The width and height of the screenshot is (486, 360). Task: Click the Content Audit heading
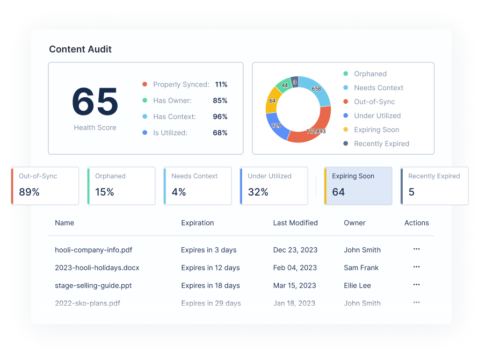pyautogui.click(x=80, y=49)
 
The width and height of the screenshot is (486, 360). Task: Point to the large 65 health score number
pyautogui.click(x=95, y=102)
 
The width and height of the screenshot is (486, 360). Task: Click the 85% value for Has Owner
pyautogui.click(x=220, y=100)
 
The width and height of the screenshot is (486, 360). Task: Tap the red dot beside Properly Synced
pyautogui.click(x=145, y=84)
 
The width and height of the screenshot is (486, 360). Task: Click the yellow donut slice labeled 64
pyautogui.click(x=272, y=101)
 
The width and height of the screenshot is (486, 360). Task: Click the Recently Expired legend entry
pyautogui.click(x=381, y=143)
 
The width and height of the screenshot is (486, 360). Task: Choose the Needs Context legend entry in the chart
pyautogui.click(x=379, y=88)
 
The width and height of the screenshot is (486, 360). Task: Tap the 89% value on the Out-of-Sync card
pyautogui.click(x=29, y=192)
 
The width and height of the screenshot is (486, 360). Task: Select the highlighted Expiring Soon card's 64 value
pyautogui.click(x=338, y=192)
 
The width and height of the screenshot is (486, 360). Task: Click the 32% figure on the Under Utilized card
pyautogui.click(x=258, y=192)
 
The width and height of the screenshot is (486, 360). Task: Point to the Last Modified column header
pyautogui.click(x=295, y=222)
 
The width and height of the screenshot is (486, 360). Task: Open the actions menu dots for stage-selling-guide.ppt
pyautogui.click(x=416, y=285)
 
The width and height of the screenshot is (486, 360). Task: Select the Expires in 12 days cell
pyautogui.click(x=211, y=268)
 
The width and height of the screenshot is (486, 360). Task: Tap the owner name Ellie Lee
pyautogui.click(x=357, y=285)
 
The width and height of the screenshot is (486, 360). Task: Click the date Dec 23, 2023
pyautogui.click(x=295, y=250)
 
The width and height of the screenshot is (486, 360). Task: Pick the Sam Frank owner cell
pyautogui.click(x=361, y=268)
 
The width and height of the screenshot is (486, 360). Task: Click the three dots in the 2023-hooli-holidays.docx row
pyautogui.click(x=416, y=267)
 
